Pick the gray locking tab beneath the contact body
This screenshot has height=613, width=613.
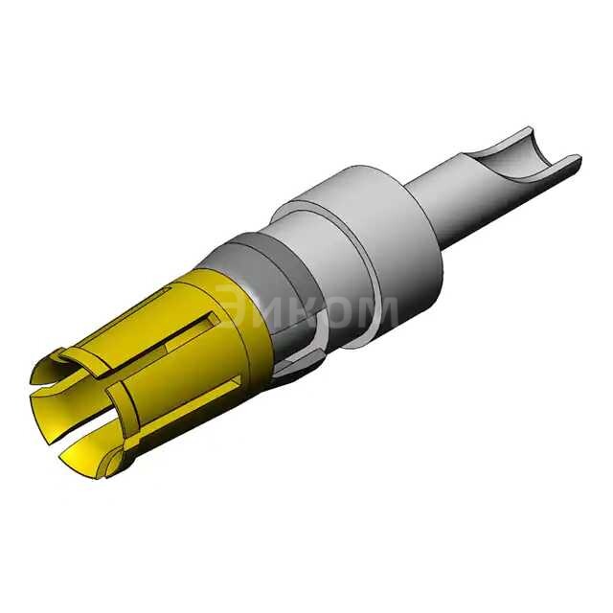(297, 364)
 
